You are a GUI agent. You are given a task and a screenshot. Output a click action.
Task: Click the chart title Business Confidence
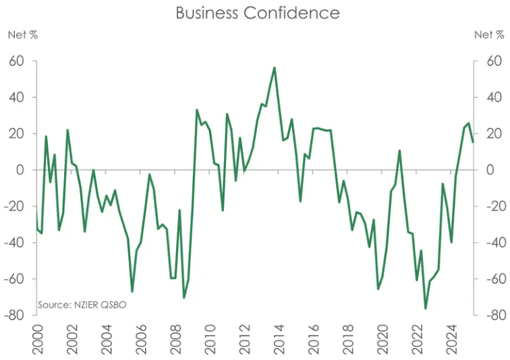[257, 13]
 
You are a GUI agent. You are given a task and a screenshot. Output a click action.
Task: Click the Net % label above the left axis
[22, 35]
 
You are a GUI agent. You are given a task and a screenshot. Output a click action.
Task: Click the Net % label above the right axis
[488, 35]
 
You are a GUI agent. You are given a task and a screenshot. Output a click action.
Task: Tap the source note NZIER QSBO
[82, 305]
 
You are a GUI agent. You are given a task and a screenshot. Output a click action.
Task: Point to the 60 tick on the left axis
[17, 61]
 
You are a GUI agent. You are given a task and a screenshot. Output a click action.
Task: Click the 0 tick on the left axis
[20, 170]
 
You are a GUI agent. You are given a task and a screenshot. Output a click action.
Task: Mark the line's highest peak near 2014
[274, 67]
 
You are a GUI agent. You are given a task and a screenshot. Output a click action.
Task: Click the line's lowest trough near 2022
[426, 309]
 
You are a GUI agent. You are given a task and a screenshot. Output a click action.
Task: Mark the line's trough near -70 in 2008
[183, 297]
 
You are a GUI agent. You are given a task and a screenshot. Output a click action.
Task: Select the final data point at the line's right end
[473, 142]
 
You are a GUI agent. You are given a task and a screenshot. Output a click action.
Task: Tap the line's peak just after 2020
[400, 150]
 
